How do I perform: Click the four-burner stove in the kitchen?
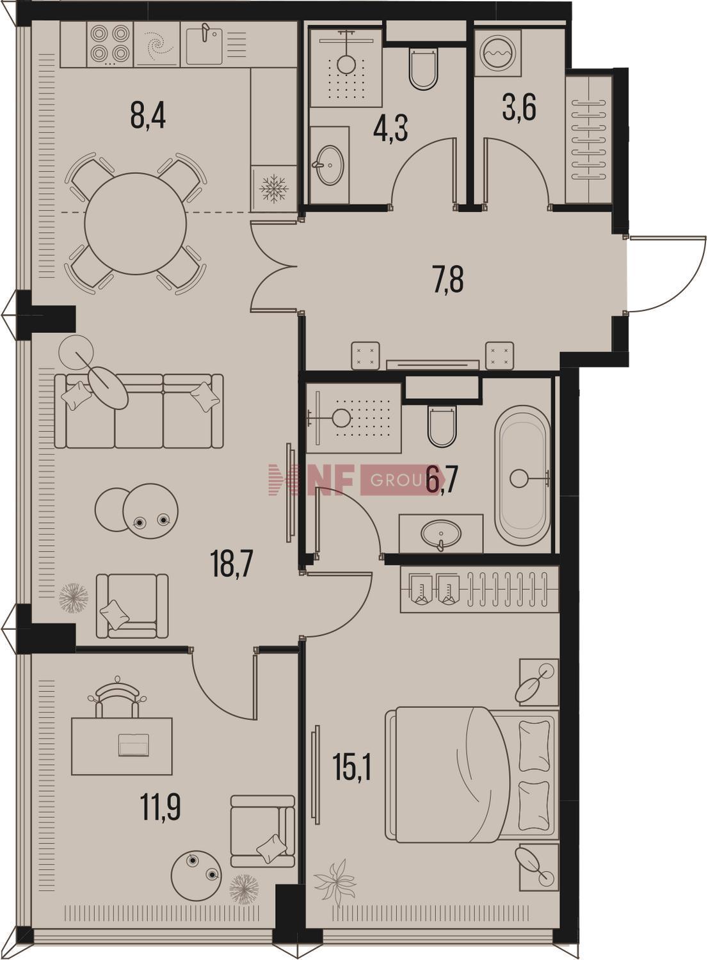click(x=111, y=45)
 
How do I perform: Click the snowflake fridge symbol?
click(x=274, y=191)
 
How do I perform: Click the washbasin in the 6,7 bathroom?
click(x=446, y=540)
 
